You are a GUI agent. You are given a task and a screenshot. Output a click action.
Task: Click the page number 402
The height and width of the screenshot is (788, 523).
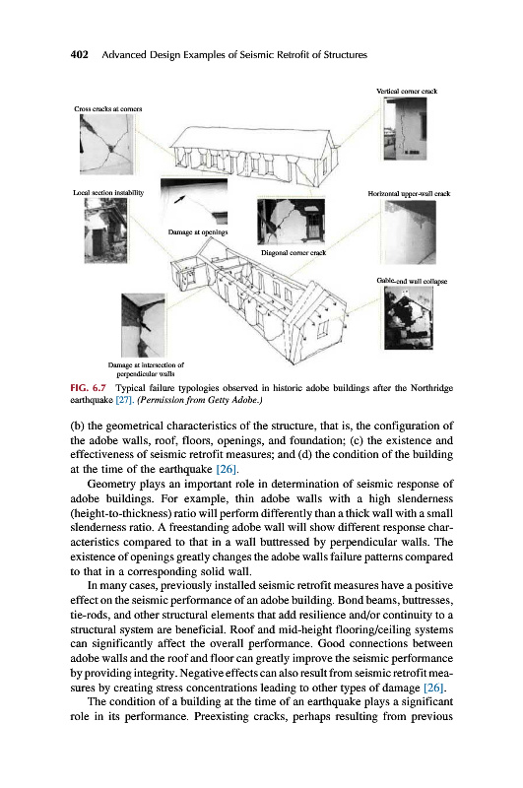(80, 54)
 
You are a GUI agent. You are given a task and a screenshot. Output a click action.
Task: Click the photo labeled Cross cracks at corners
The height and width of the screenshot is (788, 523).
(107, 144)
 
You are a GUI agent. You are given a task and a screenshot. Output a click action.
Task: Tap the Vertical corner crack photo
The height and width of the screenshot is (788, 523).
(406, 129)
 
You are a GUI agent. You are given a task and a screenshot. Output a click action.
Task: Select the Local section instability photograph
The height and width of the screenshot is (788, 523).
(105, 230)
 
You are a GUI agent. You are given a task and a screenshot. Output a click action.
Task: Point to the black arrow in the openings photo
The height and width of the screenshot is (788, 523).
(179, 200)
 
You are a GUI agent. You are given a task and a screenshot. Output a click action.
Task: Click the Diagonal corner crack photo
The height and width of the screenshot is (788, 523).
(291, 222)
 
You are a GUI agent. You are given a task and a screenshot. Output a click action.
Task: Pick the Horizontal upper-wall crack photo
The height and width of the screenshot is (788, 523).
(411, 231)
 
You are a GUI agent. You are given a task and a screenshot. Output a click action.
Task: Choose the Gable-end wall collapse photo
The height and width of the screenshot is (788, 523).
(409, 318)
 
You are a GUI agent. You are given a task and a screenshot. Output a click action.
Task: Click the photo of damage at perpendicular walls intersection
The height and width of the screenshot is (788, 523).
(143, 325)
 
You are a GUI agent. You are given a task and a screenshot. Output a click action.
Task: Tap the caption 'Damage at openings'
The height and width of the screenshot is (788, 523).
(198, 232)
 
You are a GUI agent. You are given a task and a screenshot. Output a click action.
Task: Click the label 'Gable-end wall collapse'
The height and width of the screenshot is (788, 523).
(412, 281)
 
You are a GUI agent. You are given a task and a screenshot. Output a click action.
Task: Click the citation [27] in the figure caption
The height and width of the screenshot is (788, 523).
(124, 400)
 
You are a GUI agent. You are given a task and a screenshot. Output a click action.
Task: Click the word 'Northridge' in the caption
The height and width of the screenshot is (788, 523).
(431, 388)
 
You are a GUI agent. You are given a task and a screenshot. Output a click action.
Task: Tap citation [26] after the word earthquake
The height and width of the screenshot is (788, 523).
(227, 469)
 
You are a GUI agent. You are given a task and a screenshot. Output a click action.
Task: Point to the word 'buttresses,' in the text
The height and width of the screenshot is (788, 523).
(429, 601)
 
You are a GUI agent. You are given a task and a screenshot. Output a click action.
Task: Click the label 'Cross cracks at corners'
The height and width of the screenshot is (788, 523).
(108, 108)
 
